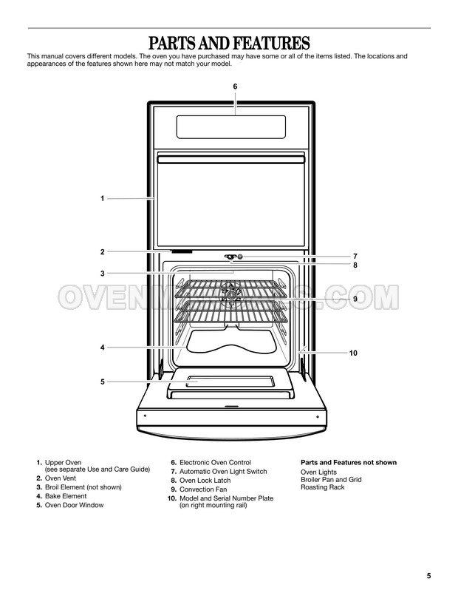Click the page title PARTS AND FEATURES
(x=229, y=43)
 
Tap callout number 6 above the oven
(x=235, y=87)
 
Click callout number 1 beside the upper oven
(x=102, y=199)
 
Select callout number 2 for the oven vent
(x=102, y=252)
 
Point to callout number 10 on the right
(x=353, y=353)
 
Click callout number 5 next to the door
(x=102, y=382)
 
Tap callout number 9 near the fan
(x=355, y=299)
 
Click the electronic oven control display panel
(x=231, y=127)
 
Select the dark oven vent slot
(x=182, y=251)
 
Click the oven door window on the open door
(x=230, y=382)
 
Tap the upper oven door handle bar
(x=231, y=160)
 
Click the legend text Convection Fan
(x=203, y=489)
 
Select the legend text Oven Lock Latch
(x=205, y=481)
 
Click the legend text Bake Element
(x=66, y=496)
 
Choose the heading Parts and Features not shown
(x=349, y=463)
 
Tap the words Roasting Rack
(x=322, y=487)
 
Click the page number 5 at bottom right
(x=428, y=576)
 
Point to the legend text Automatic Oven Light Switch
(x=223, y=472)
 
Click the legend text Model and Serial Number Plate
(x=226, y=498)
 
